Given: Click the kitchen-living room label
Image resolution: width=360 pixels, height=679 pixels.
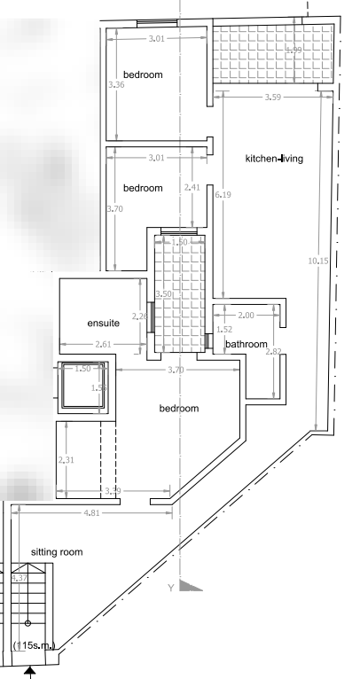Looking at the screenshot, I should (x=275, y=160).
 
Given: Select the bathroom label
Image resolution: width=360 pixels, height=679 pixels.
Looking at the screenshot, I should (x=246, y=343).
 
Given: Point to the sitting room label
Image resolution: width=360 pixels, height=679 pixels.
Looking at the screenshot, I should (x=57, y=551).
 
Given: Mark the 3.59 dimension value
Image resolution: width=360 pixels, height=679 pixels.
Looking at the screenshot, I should (x=271, y=97).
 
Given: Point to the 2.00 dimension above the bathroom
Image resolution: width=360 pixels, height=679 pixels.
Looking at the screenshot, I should (x=246, y=316).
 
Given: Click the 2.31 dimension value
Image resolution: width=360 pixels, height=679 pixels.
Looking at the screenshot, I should (x=63, y=459).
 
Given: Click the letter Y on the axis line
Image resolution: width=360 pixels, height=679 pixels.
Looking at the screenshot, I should (x=170, y=587).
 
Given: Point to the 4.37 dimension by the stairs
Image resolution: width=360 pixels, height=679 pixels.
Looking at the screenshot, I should (x=19, y=578).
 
